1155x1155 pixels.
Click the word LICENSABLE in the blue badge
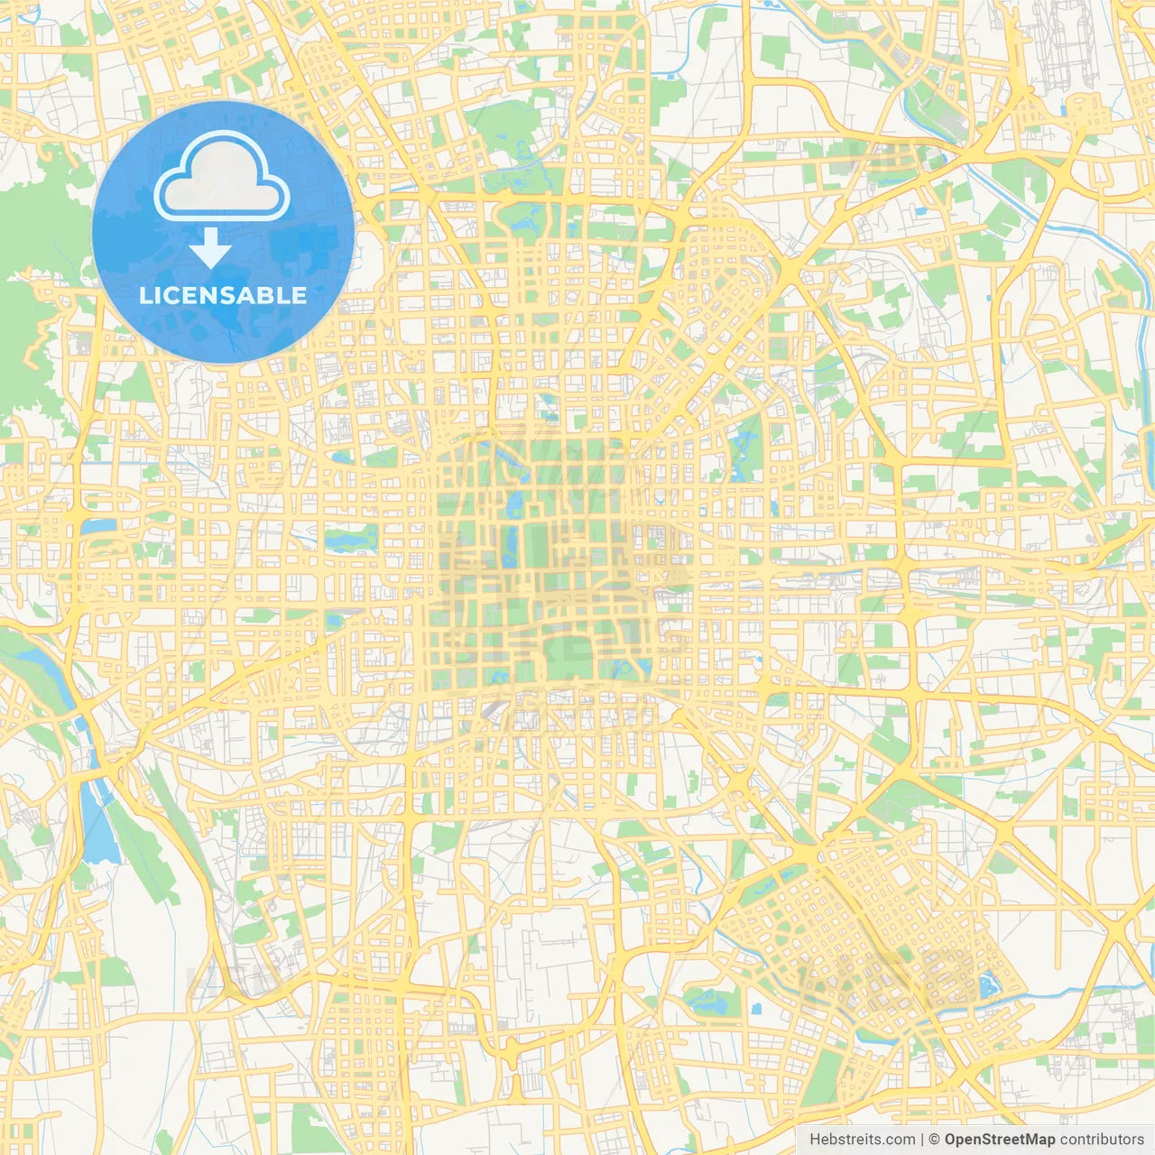[x=223, y=295]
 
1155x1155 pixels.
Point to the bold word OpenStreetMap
[x=999, y=1140]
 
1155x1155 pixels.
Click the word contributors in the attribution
[x=1102, y=1140]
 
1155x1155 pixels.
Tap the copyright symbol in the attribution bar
[x=935, y=1140]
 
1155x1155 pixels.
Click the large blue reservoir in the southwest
[x=99, y=826]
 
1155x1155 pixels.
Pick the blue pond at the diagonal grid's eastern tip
[x=987, y=985]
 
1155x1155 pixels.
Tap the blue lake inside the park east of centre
[x=745, y=451]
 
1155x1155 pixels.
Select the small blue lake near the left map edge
[x=99, y=524]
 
